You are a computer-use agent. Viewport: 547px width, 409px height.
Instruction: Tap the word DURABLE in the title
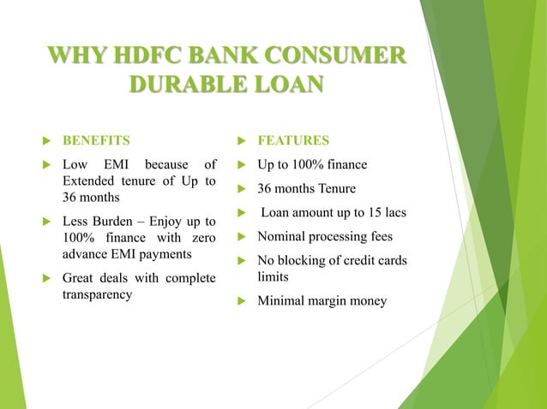pos(181,87)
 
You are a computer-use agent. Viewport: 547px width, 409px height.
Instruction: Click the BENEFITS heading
pos(97,139)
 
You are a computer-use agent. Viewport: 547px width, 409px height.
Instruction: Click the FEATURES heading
pos(293,139)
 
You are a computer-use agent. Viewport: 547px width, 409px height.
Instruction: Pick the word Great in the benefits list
pos(81,277)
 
